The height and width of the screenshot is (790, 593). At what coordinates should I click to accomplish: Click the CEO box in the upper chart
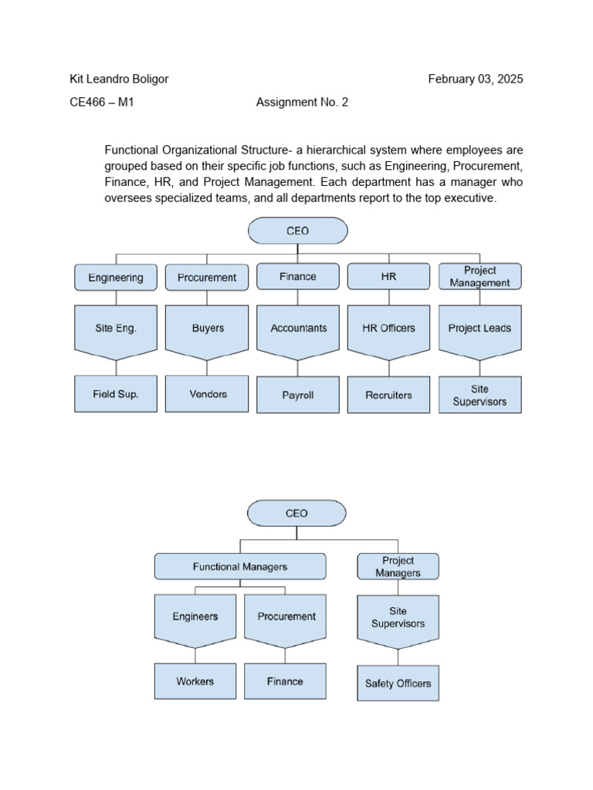297,231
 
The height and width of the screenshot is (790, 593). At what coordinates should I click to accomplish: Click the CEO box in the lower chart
296,513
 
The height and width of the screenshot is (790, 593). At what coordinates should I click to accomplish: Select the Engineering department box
115,278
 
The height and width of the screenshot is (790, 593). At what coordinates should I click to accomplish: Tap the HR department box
388,276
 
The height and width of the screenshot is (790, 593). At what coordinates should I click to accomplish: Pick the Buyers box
207,329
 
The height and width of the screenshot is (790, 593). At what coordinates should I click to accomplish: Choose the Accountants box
298,329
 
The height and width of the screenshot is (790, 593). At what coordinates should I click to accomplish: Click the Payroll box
298,395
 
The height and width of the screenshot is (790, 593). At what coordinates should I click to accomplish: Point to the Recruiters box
388,395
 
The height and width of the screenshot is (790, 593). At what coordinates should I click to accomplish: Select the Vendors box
207,394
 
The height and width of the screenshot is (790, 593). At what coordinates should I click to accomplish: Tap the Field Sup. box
116,394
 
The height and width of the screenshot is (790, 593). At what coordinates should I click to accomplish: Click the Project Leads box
479,329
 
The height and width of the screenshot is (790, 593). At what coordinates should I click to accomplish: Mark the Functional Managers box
239,566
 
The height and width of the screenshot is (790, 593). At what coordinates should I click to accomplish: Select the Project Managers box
398,566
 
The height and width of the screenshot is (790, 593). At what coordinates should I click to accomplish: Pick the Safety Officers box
398,684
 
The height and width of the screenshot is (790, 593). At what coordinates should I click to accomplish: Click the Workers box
195,681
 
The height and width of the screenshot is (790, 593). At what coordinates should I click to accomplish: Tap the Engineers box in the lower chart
195,617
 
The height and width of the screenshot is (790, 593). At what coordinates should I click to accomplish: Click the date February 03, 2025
476,79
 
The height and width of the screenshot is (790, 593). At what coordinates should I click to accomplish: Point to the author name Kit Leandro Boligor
119,79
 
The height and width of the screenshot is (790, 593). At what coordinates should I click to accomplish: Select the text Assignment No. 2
302,102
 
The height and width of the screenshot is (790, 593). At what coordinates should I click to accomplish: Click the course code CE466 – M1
102,102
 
